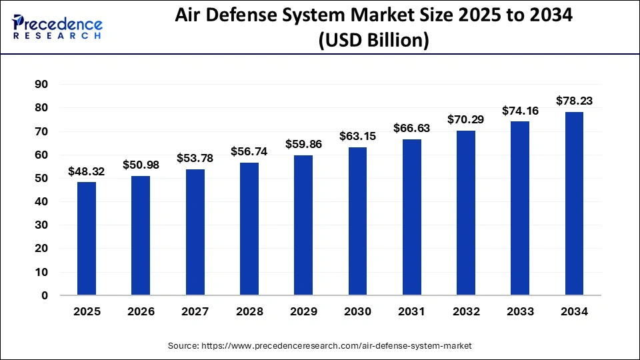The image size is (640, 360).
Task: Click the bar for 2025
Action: (87, 238)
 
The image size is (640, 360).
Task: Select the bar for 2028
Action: (249, 229)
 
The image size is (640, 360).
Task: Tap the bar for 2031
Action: (412, 217)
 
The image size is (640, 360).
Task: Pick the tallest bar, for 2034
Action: (574, 203)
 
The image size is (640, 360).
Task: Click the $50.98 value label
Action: (141, 165)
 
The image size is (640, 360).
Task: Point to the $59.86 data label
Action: (303, 144)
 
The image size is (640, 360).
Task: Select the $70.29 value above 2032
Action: (466, 120)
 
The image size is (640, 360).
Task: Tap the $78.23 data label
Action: (574, 101)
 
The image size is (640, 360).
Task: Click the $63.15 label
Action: (357, 137)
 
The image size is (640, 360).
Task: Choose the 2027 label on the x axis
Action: (195, 311)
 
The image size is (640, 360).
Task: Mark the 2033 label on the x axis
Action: (520, 311)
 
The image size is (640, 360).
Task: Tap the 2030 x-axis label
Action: (357, 311)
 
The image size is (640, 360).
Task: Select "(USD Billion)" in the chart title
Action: (373, 41)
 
